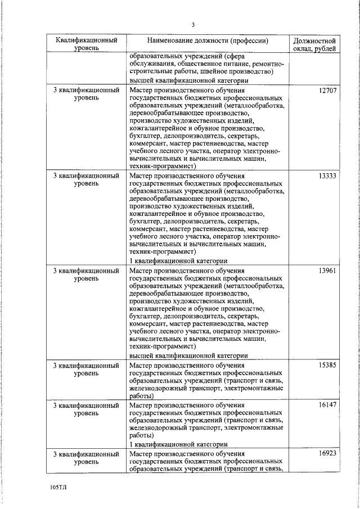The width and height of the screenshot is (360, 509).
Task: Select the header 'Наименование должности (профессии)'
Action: pyautogui.click(x=208, y=41)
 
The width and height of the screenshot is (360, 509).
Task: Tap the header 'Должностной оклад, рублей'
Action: pyautogui.click(x=316, y=45)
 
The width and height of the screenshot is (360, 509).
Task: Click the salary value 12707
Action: pyautogui.click(x=327, y=90)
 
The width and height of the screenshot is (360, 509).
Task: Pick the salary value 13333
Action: pyautogui.click(x=327, y=176)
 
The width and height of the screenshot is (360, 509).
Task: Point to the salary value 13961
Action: pyautogui.click(x=327, y=271)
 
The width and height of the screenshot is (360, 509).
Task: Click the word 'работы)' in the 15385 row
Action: pyautogui.click(x=141, y=396)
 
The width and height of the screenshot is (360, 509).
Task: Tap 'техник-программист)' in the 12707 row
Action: pyautogui.click(x=162, y=166)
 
